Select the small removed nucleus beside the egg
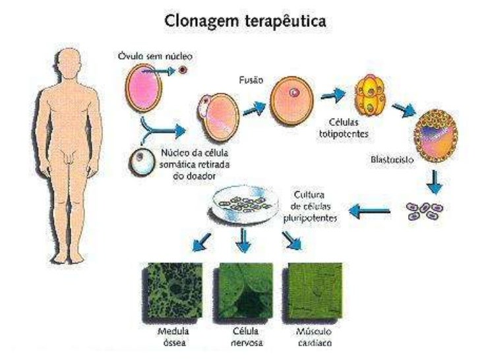[183, 68]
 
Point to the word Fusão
[251, 80]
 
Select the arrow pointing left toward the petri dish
[369, 212]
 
